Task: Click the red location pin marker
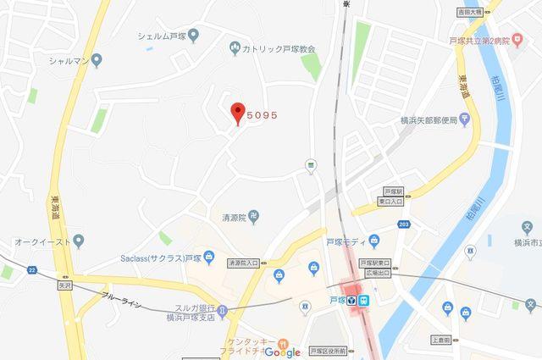pos(238,112)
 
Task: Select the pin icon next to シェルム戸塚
pos(194,36)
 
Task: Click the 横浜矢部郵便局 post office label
pos(428,120)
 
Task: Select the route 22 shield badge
pos(32,269)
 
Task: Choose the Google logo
pos(276,352)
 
